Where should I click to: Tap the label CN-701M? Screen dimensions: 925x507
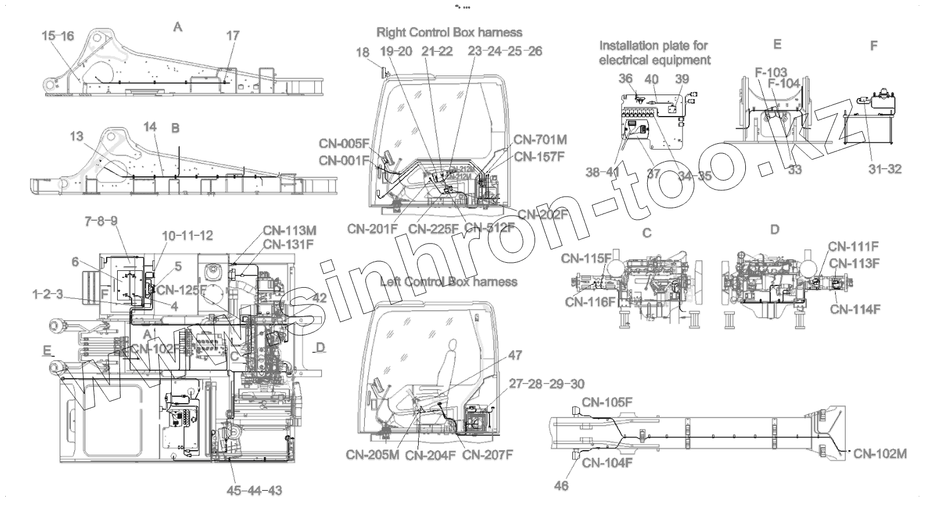[x=540, y=140]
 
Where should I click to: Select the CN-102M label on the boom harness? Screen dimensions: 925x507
[x=880, y=454]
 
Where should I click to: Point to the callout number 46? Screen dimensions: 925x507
[x=561, y=486]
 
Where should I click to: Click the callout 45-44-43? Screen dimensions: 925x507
[x=255, y=491]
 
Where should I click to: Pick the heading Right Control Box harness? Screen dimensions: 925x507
[x=449, y=32]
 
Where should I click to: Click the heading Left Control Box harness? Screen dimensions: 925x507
[x=448, y=282]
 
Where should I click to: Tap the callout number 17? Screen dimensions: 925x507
[x=232, y=36]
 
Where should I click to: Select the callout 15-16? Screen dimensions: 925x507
[x=58, y=36]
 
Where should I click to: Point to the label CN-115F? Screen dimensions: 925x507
[x=586, y=258]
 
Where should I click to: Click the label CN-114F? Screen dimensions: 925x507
[x=855, y=310]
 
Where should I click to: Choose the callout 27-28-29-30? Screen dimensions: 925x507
[x=546, y=384]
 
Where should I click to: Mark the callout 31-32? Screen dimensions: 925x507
[x=885, y=169]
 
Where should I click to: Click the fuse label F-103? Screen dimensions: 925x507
[x=771, y=73]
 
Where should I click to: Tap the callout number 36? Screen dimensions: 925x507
[x=625, y=79]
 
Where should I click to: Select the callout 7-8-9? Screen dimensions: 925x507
[x=101, y=221]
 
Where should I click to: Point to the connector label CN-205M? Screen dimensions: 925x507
[x=372, y=455]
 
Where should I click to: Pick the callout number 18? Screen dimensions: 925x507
[x=362, y=53]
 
